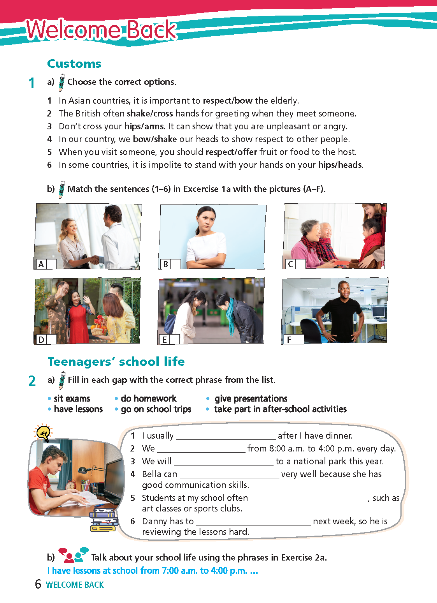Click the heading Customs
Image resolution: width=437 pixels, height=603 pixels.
pyautogui.click(x=74, y=64)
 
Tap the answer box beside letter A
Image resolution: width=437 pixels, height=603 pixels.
pyautogui.click(x=51, y=264)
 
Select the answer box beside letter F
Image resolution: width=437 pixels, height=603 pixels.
pyautogui.click(x=299, y=339)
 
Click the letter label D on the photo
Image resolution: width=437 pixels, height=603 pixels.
pyautogui.click(x=41, y=340)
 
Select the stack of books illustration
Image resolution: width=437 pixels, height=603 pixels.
pyautogui.click(x=104, y=520)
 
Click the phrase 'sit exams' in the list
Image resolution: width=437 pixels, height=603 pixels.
pyautogui.click(x=72, y=398)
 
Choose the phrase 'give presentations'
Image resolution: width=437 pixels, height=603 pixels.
pyautogui.click(x=251, y=398)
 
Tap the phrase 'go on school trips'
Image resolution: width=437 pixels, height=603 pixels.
pyautogui.click(x=156, y=409)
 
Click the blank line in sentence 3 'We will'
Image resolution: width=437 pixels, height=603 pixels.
pyautogui.click(x=223, y=462)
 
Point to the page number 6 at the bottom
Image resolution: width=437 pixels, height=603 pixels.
pyautogui.click(x=38, y=584)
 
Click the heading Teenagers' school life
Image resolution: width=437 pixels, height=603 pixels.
pyautogui.click(x=116, y=362)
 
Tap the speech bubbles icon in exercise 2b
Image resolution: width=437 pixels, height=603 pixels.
pyautogui.click(x=73, y=555)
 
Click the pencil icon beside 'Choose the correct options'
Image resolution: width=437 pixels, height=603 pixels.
pyautogui.click(x=61, y=82)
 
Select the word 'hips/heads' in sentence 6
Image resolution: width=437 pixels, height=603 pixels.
pyautogui.click(x=340, y=165)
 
